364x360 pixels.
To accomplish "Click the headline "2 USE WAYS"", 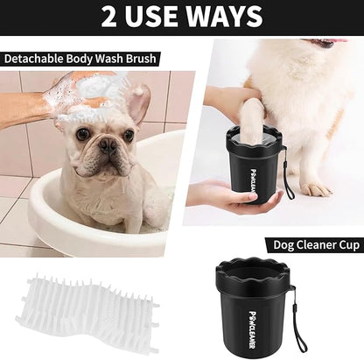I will pos(181,16).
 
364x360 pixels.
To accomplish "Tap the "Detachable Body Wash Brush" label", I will pos(80,59).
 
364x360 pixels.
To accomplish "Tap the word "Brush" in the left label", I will pos(139,59).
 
